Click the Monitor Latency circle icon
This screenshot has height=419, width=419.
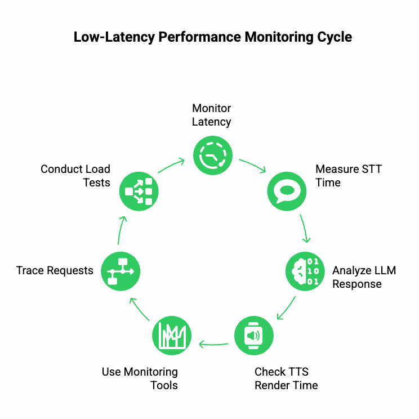[x=212, y=154]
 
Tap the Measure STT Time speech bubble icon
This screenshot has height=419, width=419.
[x=286, y=191]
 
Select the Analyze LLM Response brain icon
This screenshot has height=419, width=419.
[x=305, y=271]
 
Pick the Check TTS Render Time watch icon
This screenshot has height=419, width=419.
[x=253, y=336]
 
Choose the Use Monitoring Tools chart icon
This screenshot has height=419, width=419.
[x=172, y=336]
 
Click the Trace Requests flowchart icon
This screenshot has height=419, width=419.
[x=121, y=271]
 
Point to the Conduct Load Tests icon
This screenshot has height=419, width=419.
[x=139, y=191]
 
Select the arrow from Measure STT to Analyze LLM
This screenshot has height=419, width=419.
[x=305, y=229]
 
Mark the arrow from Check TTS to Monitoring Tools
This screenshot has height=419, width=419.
[x=213, y=343]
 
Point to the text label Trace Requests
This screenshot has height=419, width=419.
[x=55, y=271]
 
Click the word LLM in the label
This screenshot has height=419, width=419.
[x=384, y=270]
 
